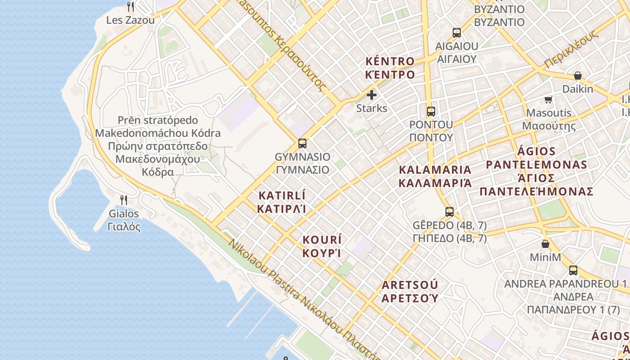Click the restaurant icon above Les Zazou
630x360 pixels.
click(x=130, y=6)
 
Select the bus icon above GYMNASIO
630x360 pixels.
click(x=302, y=144)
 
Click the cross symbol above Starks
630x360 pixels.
click(x=372, y=95)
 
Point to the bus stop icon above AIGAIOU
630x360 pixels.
click(x=457, y=33)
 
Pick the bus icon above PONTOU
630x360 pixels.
click(x=431, y=111)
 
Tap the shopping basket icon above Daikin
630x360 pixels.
click(x=578, y=76)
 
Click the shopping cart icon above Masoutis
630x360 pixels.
click(x=549, y=99)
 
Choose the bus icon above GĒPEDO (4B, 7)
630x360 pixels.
click(x=450, y=212)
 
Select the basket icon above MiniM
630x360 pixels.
click(x=545, y=244)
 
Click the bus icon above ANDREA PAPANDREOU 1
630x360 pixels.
click(x=573, y=270)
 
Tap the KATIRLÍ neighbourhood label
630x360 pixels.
click(x=282, y=202)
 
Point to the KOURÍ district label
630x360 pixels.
click(x=322, y=246)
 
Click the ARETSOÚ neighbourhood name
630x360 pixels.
click(x=410, y=291)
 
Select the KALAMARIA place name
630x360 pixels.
click(x=436, y=176)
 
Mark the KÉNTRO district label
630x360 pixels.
click(x=390, y=67)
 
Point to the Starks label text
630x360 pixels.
click(x=372, y=108)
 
